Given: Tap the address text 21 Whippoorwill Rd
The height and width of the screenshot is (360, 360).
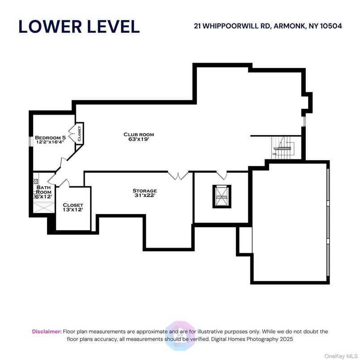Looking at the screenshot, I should tap(268, 26).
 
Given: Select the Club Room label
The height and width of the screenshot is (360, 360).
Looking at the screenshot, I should tap(139, 134).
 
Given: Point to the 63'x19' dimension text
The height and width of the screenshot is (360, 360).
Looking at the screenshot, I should tap(139, 139).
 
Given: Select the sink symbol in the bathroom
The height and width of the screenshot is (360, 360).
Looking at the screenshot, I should tap(35, 182).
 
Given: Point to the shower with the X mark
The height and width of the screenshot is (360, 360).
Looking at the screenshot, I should tap(42, 206).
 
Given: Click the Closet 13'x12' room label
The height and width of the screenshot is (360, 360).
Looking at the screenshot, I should tap(73, 207).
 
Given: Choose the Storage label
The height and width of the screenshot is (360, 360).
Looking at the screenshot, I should tap(145, 191).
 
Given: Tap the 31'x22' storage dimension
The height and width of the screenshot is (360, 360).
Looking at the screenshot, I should tap(145, 196).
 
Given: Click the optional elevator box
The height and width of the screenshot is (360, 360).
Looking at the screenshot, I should tap(222, 196).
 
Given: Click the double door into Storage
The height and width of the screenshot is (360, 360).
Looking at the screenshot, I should tap(178, 175).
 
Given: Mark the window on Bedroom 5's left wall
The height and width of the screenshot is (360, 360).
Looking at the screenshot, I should tap(30, 141).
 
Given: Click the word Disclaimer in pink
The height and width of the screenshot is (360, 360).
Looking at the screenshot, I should tap(47, 331).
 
